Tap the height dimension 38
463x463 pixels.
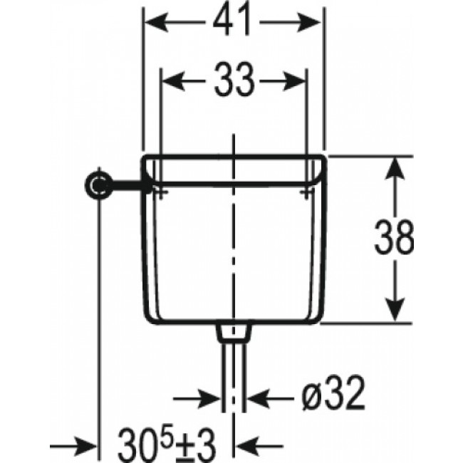point(394,238)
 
